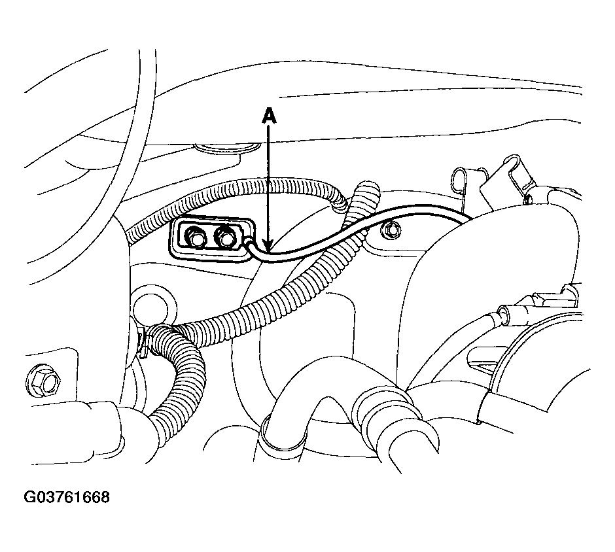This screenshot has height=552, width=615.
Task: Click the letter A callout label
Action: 268,116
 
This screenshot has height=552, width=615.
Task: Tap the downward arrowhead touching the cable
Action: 268,245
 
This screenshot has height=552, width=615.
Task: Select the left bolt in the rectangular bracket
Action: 194,237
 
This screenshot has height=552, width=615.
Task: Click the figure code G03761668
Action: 67,496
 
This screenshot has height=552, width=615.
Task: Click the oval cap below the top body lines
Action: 228,148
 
